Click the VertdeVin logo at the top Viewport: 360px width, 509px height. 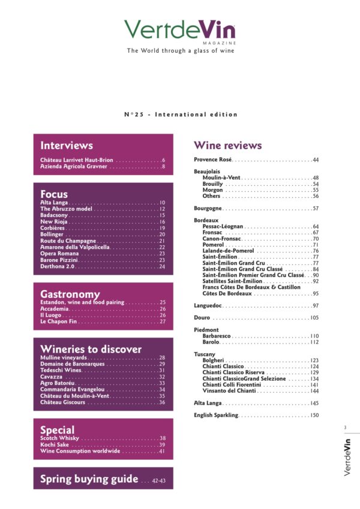pyautogui.click(x=180, y=30)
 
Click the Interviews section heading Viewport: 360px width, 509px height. pyautogui.click(x=67, y=145)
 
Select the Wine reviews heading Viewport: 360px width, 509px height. pyautogui.click(x=227, y=145)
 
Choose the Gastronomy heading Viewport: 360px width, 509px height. pyautogui.click(x=70, y=294)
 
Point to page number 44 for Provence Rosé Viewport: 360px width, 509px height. pyautogui.click(x=315, y=160)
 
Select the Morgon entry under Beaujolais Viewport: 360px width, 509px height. pyautogui.click(x=212, y=190)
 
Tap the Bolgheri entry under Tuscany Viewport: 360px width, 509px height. pyautogui.click(x=213, y=360)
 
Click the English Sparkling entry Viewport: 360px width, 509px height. pyautogui.click(x=217, y=415)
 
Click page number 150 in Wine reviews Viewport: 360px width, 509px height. pyautogui.click(x=314, y=415)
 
